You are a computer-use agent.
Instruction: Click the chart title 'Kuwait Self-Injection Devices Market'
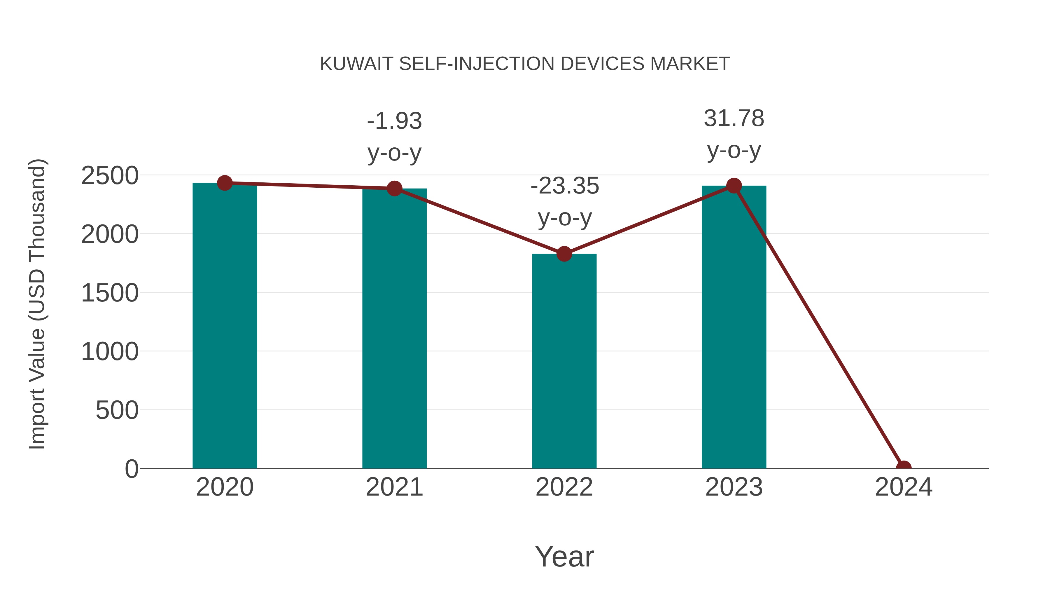click(x=525, y=64)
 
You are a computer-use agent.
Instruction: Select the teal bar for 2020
click(x=225, y=326)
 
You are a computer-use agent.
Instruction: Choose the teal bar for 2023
click(x=734, y=326)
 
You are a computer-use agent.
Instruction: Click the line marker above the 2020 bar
click(x=225, y=183)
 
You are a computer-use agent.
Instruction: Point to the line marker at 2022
click(x=564, y=254)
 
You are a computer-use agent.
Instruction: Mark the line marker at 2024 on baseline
click(x=904, y=468)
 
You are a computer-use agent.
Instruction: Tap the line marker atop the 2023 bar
click(x=734, y=186)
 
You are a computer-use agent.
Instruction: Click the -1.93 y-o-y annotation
click(x=394, y=137)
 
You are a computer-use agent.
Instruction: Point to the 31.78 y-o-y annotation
click(x=734, y=135)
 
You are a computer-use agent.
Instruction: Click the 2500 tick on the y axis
click(x=110, y=176)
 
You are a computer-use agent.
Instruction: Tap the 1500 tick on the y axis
click(x=110, y=293)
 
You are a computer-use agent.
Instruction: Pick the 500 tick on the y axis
click(x=117, y=410)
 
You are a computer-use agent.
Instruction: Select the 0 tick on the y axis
click(x=132, y=469)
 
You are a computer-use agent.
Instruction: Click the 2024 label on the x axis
click(x=904, y=487)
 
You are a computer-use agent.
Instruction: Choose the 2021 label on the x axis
click(x=394, y=487)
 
